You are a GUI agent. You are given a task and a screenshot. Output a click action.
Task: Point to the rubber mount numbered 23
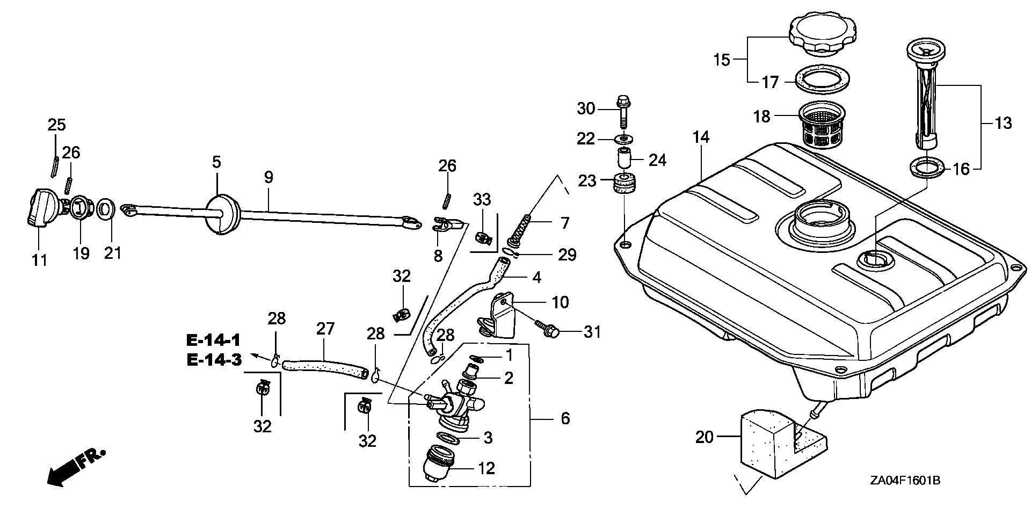pyautogui.click(x=623, y=185)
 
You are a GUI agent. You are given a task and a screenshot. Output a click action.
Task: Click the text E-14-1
pyautogui.click(x=214, y=340)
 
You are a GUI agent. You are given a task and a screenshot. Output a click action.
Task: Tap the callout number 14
pyautogui.click(x=701, y=137)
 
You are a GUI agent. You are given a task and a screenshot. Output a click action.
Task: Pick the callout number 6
pyautogui.click(x=565, y=418)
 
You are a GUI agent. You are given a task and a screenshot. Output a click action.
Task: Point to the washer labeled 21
pyautogui.click(x=106, y=208)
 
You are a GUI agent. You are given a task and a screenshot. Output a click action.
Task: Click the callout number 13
pyautogui.click(x=1003, y=124)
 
